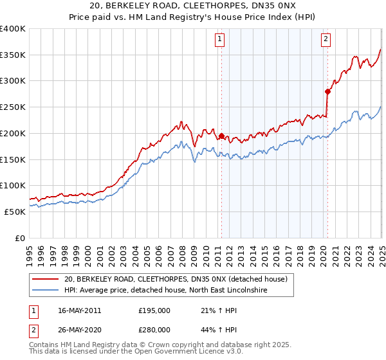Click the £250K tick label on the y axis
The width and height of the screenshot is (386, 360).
12,107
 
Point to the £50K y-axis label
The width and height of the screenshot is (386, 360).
14,212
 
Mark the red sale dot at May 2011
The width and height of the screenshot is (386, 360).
221,136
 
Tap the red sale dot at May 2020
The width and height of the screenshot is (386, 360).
327,91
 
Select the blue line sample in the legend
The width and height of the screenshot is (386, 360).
45,291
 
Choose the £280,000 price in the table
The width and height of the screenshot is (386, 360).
154,330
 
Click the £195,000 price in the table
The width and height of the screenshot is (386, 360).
154,310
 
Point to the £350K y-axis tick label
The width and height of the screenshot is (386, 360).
12,55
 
